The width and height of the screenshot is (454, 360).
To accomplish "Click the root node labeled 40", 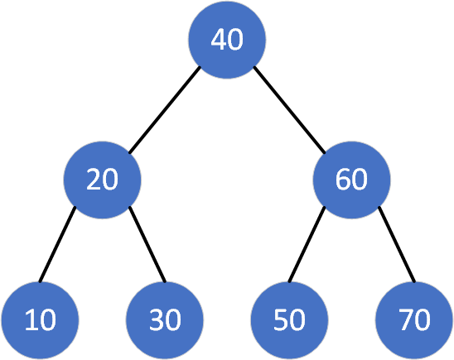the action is (227, 41).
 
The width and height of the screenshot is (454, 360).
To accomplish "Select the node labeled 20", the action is (102, 180).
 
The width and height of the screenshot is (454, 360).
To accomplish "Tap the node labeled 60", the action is (351, 180).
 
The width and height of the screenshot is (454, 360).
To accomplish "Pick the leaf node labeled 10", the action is (40, 320).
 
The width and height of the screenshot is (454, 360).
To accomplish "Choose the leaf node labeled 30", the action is (165, 320).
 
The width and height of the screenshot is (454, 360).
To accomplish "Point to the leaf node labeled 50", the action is (289, 320).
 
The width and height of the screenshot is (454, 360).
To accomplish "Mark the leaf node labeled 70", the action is (414, 320).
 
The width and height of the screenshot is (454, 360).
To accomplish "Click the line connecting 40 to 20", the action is (165, 110).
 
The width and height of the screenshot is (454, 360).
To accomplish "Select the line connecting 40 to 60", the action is (289, 110).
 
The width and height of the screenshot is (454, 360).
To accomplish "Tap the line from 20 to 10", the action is (57, 244).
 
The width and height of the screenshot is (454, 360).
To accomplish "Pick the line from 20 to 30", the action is (147, 244).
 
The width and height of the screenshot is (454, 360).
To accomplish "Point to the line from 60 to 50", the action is (307, 244).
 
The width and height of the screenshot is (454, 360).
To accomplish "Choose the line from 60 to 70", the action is (397, 244).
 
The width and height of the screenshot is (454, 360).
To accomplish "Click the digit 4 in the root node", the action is (219, 40).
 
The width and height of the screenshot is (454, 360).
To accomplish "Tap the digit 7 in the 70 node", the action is (406, 319).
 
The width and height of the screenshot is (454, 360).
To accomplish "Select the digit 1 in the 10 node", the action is (31, 319).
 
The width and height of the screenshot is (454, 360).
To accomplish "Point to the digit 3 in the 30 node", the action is (157, 319).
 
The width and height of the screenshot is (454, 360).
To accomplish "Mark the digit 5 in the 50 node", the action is (281, 319).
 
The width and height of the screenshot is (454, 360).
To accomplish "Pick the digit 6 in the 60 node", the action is (343, 180).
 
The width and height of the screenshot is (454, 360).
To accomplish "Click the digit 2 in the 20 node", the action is (94, 179).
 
